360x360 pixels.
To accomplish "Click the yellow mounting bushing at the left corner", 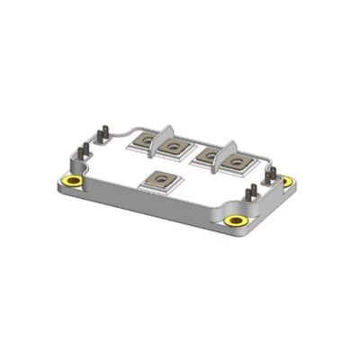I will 72,183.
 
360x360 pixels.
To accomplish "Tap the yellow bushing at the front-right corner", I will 236,220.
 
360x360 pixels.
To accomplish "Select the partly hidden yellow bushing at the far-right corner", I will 287,181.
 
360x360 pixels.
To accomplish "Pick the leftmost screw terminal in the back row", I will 143,141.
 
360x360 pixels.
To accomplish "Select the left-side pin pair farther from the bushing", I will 103,134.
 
